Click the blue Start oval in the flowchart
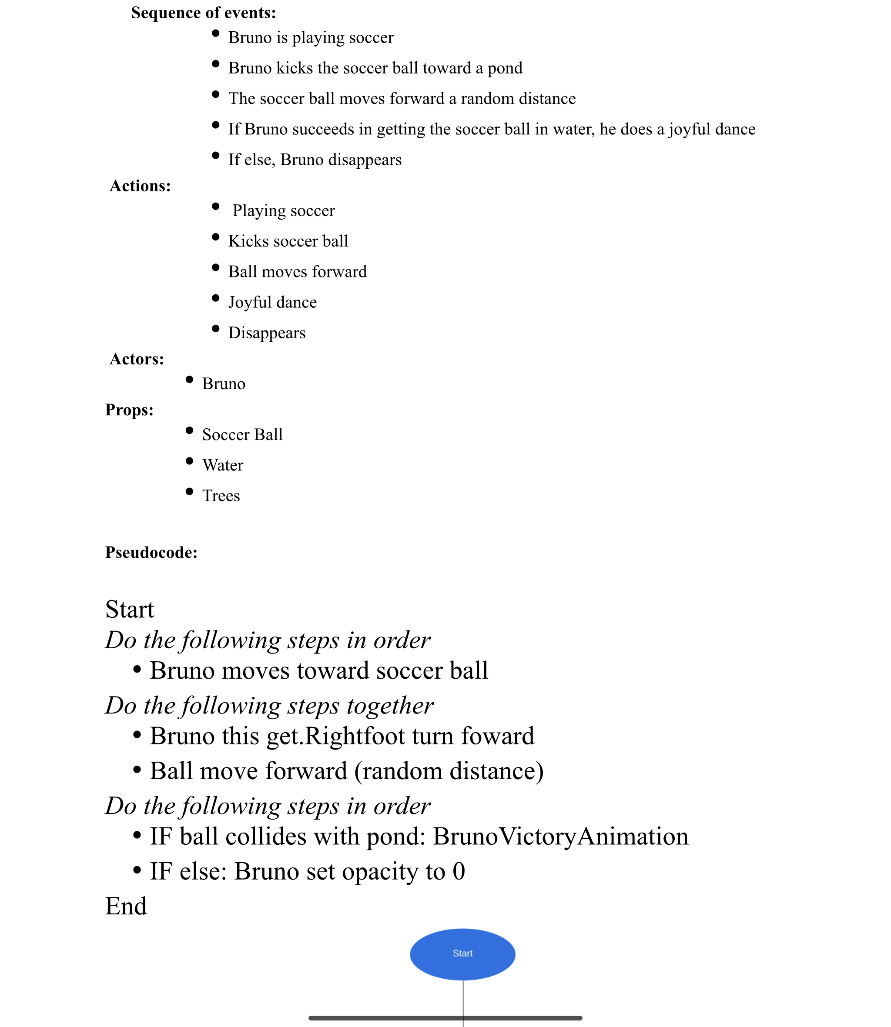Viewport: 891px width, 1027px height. [462, 954]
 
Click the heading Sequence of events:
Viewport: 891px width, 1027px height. [203, 13]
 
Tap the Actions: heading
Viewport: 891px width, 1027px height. [140, 186]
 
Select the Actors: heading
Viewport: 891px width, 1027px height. [137, 359]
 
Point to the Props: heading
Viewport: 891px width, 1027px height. [129, 410]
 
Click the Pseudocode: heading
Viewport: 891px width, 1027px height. [151, 553]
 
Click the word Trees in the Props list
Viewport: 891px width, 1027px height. [221, 496]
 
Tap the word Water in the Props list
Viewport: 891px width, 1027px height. [222, 466]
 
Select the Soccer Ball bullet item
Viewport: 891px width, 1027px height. [242, 435]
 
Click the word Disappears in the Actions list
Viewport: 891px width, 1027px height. [267, 333]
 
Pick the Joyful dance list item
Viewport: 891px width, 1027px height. [272, 303]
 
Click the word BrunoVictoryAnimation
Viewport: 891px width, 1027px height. [560, 837]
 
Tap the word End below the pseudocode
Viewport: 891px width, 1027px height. [126, 906]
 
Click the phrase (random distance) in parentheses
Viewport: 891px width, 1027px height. [449, 771]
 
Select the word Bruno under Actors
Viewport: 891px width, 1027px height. [223, 384]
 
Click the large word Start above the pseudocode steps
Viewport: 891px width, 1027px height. [130, 610]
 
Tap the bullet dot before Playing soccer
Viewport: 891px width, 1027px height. [215, 207]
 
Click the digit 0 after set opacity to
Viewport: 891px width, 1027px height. [459, 871]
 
